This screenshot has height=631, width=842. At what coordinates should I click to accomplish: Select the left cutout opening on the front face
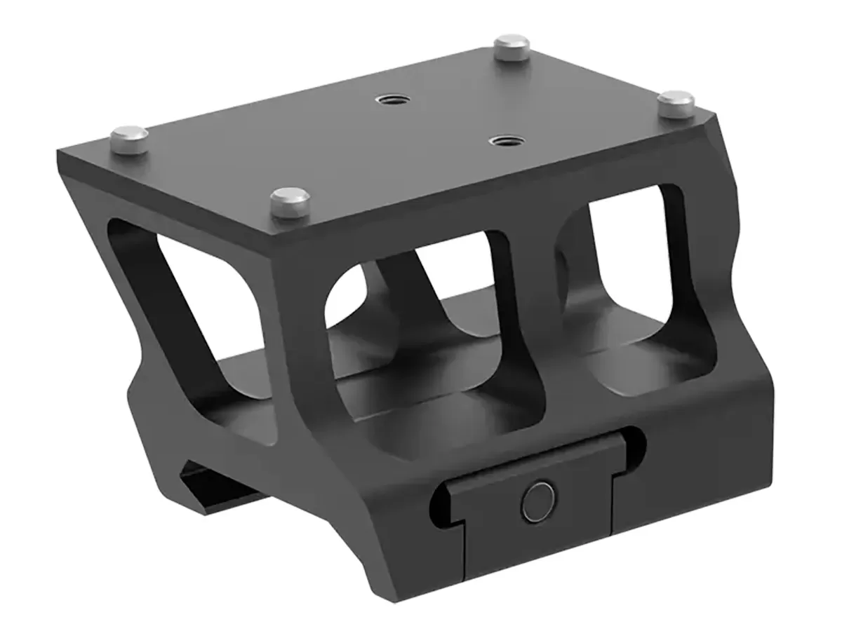[x=414, y=337]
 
